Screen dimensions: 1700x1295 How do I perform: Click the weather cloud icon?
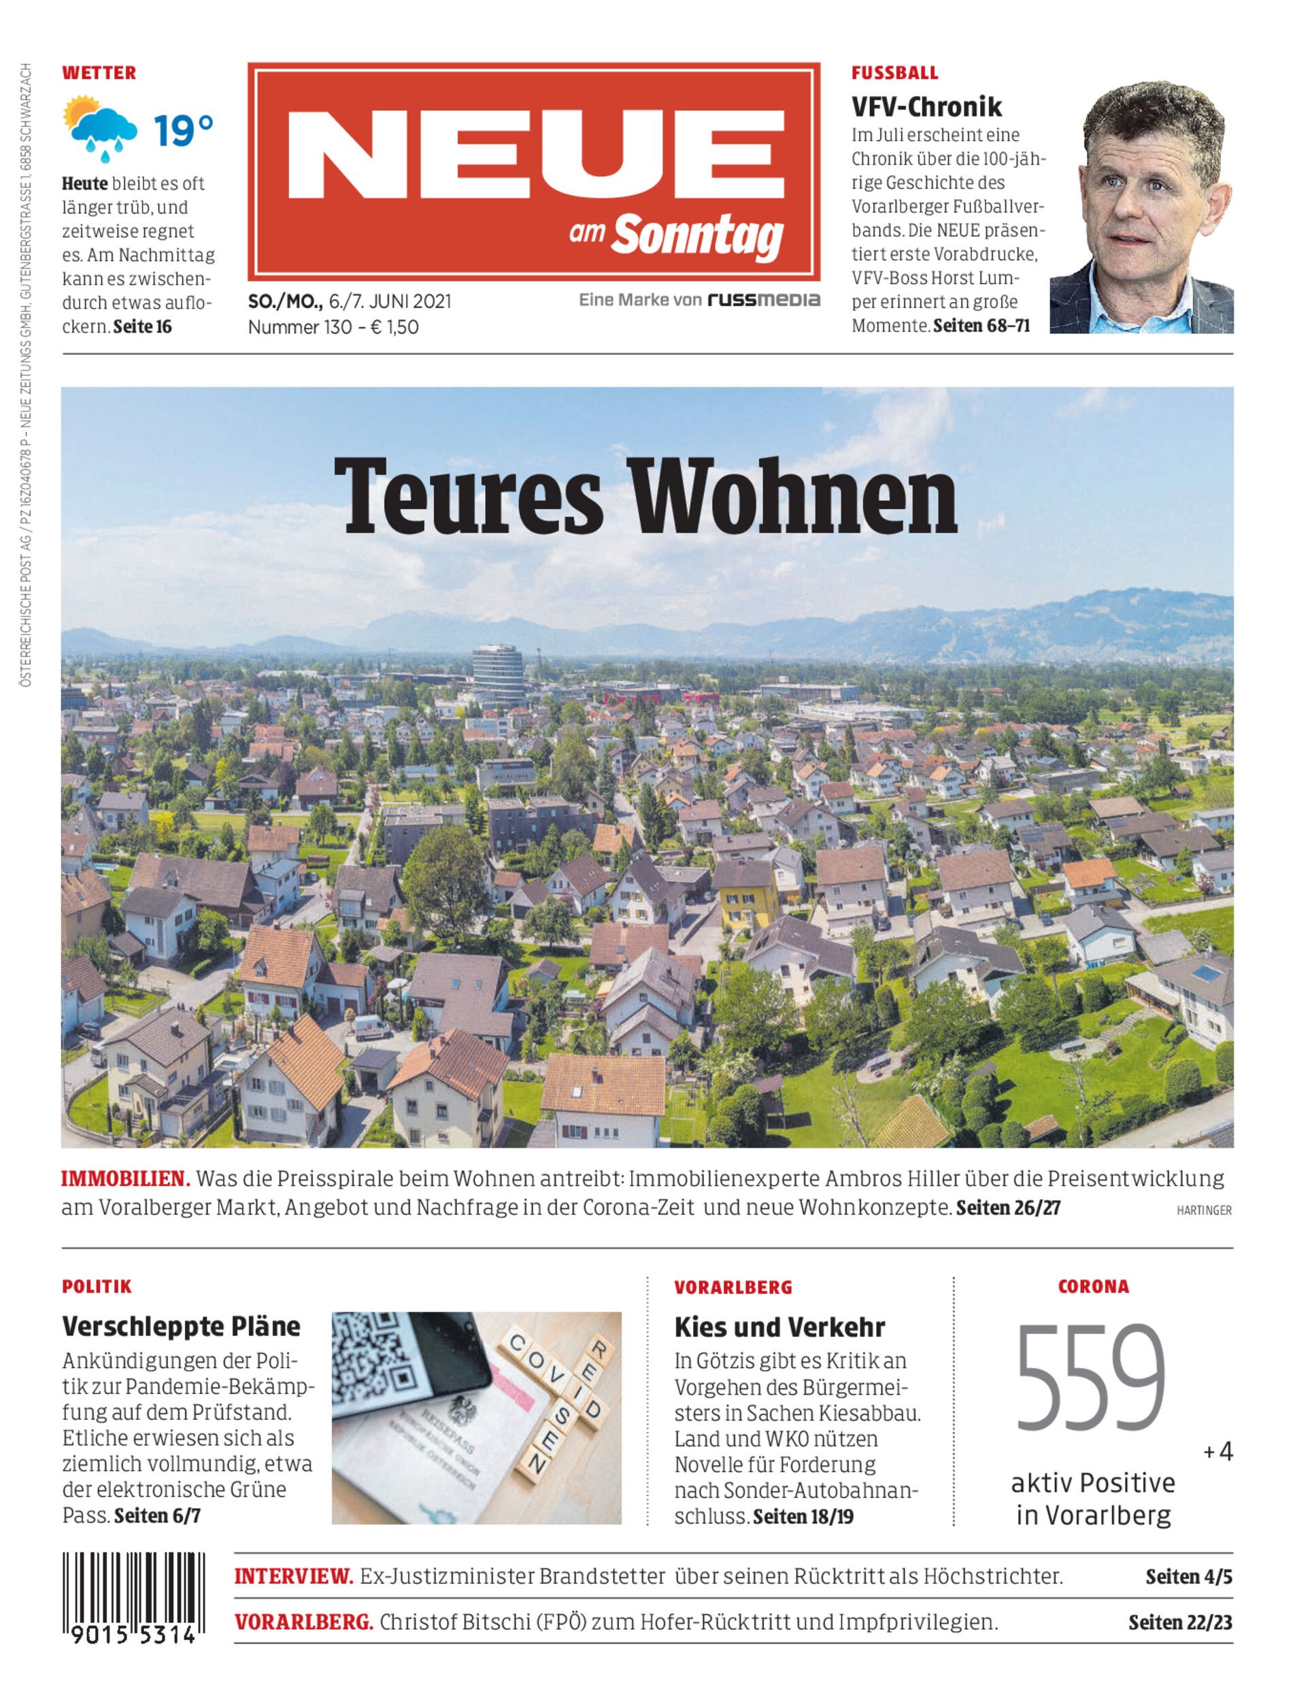click(x=100, y=128)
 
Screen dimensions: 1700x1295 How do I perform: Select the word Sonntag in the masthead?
click(x=698, y=236)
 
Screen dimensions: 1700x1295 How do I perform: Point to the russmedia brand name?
click(x=764, y=300)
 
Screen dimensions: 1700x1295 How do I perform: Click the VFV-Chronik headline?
click(x=926, y=105)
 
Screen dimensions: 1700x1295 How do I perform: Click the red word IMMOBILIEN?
click(x=126, y=1178)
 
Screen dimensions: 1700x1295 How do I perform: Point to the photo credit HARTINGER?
click(x=1203, y=1210)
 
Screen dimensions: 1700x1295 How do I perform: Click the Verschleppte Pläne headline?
click(x=181, y=1326)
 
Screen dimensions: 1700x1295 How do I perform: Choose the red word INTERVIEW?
click(x=294, y=1577)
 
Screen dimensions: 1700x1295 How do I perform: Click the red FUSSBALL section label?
click(x=894, y=73)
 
